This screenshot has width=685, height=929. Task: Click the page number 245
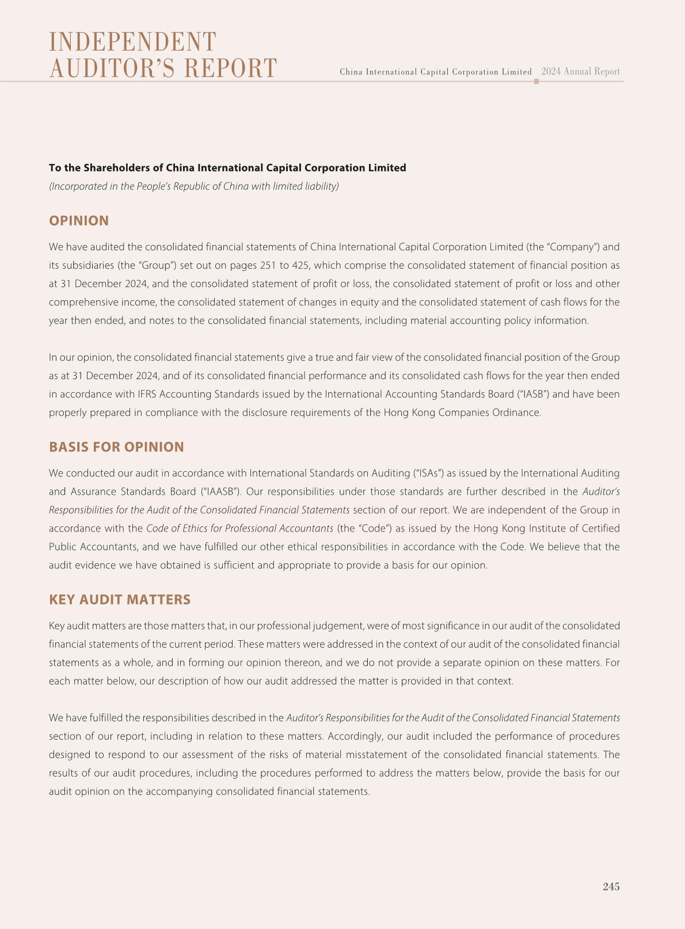pyautogui.click(x=611, y=886)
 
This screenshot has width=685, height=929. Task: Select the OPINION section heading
pyautogui.click(x=79, y=221)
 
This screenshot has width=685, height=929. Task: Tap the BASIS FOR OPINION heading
pyautogui.click(x=116, y=447)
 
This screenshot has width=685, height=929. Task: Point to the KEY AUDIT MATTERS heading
pyautogui.click(x=120, y=599)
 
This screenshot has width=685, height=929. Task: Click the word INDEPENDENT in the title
pyautogui.click(x=132, y=42)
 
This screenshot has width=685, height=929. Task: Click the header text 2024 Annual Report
pyautogui.click(x=580, y=72)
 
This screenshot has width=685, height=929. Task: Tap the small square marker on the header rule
pyautogui.click(x=536, y=82)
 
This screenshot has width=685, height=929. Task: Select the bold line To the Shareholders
pyautogui.click(x=227, y=168)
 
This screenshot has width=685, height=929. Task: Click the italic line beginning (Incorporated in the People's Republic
pyautogui.click(x=194, y=186)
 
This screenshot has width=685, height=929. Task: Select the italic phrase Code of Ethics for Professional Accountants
pyautogui.click(x=239, y=528)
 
